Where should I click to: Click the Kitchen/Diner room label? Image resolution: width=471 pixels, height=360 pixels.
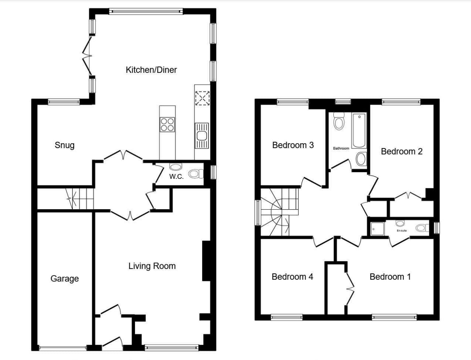[x=151, y=70]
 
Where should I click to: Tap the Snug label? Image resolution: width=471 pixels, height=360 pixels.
[x=64, y=145]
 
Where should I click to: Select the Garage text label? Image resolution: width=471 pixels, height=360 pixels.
[x=64, y=279]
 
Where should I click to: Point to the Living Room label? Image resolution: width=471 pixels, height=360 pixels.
[x=152, y=266]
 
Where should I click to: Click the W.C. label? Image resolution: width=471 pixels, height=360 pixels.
[x=176, y=177]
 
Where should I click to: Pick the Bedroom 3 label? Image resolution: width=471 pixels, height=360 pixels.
[x=293, y=145]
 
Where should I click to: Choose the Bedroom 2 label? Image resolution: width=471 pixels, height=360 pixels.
[x=402, y=151]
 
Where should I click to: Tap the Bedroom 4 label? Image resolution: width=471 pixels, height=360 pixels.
[x=292, y=277]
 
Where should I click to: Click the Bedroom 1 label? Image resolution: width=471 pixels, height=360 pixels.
[x=390, y=277]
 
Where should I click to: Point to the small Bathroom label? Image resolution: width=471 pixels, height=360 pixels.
[x=341, y=148]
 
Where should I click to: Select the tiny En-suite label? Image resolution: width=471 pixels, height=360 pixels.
[x=402, y=231]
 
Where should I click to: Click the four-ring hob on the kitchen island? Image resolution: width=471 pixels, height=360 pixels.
[x=167, y=124]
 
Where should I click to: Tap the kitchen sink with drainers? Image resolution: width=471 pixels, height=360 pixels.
[x=202, y=136]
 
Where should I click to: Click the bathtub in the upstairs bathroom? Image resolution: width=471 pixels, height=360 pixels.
[x=359, y=130]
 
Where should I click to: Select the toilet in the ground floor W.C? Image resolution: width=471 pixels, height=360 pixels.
[x=196, y=174]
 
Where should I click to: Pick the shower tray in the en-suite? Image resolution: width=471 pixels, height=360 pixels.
[x=378, y=229]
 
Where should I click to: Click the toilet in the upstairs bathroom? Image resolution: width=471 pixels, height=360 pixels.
[x=339, y=121]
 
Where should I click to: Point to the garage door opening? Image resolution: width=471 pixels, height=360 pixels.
[x=63, y=348]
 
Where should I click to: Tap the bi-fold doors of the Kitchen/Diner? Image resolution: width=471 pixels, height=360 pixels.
[x=87, y=56]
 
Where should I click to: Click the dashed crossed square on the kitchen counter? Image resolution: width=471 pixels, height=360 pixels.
[x=202, y=98]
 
